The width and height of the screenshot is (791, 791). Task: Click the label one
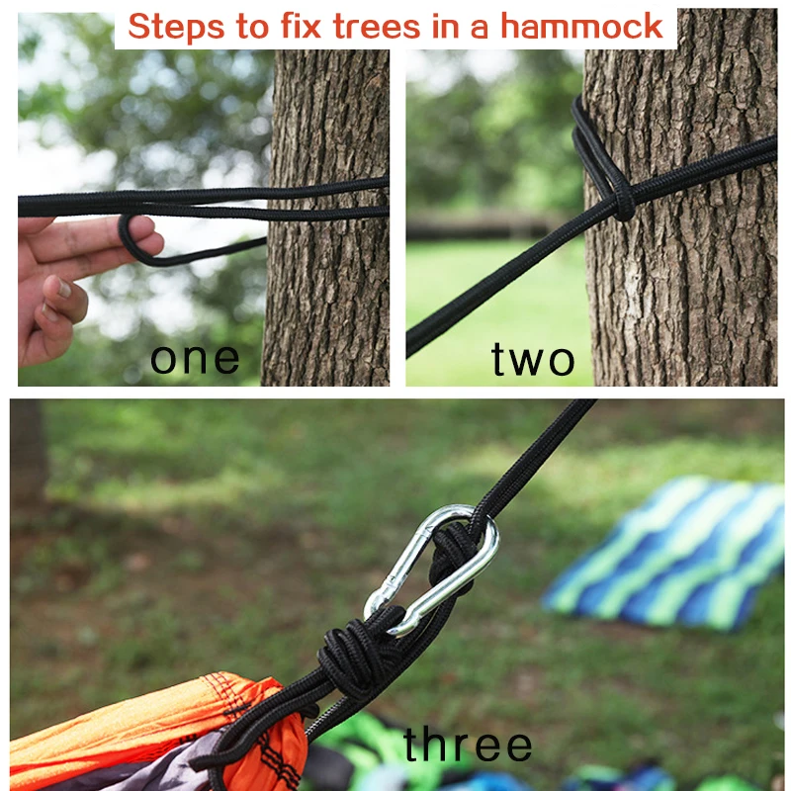(195, 358)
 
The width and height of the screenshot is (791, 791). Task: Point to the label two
(533, 360)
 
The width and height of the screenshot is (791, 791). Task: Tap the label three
(468, 745)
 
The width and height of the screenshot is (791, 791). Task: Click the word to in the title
(242, 27)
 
